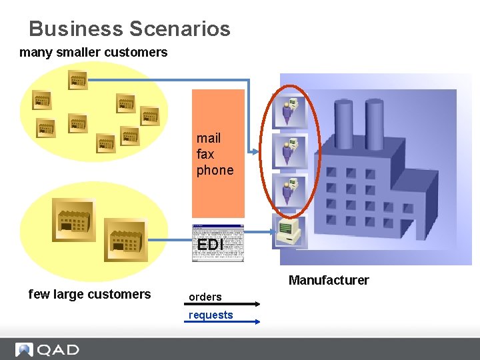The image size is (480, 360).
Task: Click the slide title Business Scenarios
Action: [129, 29]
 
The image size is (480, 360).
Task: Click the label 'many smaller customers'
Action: [93, 52]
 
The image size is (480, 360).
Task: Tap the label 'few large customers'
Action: [89, 294]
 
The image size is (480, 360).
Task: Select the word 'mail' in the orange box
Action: [209, 138]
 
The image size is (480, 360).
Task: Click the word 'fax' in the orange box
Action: [205, 154]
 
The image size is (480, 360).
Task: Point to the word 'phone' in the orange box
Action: [215, 170]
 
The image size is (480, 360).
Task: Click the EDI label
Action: [210, 245]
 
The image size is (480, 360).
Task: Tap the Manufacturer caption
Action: [328, 280]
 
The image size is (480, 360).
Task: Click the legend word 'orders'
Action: [205, 297]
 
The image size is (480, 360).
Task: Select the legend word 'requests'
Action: [211, 315]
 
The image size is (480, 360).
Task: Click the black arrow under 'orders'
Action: [221, 305]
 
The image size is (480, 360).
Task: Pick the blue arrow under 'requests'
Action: [221, 322]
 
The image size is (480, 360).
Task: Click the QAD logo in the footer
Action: [47, 349]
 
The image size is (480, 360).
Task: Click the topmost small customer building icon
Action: [78, 81]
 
